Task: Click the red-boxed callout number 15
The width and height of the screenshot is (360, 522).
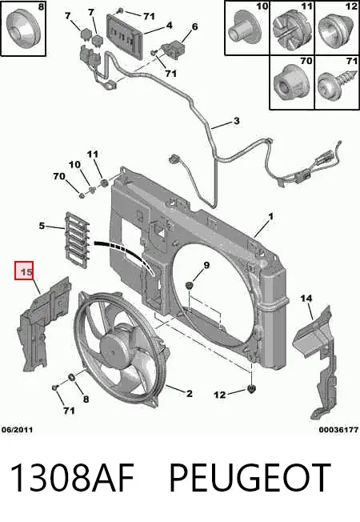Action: [26, 272]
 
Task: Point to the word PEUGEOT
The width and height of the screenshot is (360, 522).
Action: [250, 478]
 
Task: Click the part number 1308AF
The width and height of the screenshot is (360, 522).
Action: [72, 478]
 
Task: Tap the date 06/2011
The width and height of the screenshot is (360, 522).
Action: [18, 430]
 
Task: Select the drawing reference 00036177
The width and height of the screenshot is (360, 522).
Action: [338, 430]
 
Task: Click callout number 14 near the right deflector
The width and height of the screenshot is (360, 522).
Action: [306, 299]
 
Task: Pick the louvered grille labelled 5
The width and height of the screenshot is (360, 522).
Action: [78, 240]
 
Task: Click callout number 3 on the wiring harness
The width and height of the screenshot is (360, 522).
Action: [236, 121]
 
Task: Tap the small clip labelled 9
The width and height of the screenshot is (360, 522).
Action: [190, 285]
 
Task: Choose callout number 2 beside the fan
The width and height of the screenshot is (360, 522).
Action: [189, 393]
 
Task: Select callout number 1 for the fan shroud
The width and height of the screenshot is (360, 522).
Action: [270, 217]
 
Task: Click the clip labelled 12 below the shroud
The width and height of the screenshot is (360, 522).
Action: [252, 388]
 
